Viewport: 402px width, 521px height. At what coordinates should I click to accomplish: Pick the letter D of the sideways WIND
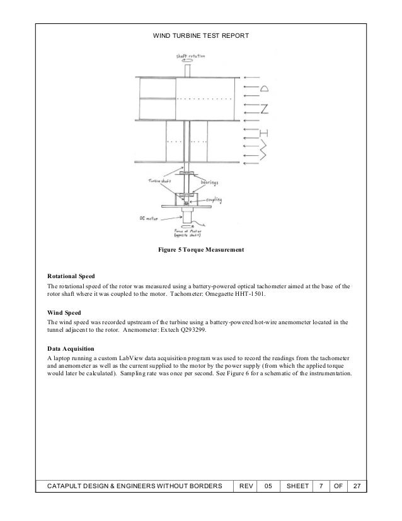click(x=265, y=87)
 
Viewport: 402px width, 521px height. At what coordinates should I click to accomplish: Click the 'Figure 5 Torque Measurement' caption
click(x=201, y=250)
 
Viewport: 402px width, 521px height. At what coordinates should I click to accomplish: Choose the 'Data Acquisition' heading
click(x=71, y=348)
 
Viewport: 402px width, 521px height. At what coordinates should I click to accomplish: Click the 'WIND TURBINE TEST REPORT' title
click(x=201, y=37)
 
